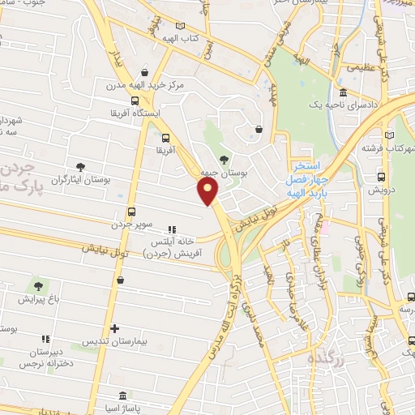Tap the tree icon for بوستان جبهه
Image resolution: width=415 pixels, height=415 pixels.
225,158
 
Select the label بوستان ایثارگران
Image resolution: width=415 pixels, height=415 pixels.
79,180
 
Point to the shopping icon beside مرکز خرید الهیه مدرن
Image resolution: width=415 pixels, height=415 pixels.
144,71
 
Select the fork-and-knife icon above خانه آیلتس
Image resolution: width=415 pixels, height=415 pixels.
171,229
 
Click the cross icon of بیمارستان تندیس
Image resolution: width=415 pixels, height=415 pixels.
115,329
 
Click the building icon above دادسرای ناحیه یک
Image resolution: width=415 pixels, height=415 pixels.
344,93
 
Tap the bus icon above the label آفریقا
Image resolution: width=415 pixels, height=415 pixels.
165,138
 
